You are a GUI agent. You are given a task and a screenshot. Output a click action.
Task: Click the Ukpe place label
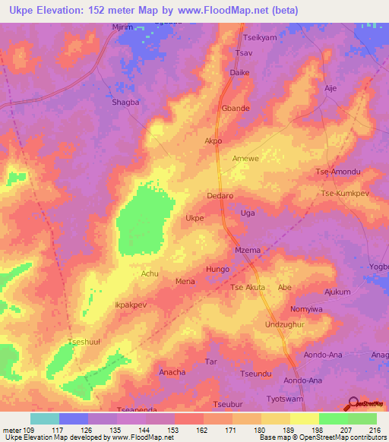[194, 218]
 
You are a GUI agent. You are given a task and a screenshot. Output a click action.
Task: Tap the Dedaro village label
[220, 195]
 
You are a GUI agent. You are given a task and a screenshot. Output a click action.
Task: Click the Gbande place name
[236, 109]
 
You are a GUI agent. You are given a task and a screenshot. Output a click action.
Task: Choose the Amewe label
[245, 158]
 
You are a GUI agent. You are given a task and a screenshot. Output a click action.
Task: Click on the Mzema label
[248, 250]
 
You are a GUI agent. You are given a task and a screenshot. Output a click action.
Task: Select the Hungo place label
[217, 269]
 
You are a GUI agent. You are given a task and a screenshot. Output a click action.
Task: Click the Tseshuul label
[84, 341]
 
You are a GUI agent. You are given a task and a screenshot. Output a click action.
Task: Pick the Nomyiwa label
[307, 310]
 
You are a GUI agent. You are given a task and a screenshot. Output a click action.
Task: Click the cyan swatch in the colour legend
[45, 418]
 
